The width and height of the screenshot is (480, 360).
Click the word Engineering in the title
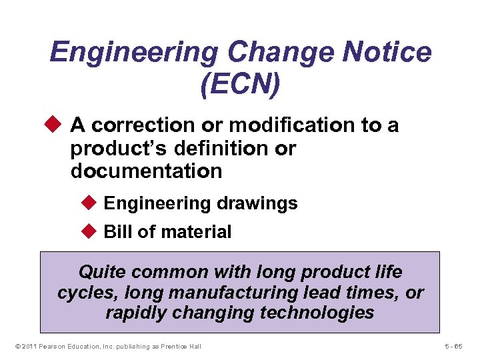pyautogui.click(x=133, y=53)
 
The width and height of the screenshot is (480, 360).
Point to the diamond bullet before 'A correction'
pyautogui.click(x=57, y=125)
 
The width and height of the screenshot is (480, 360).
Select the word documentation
pyautogui.click(x=146, y=171)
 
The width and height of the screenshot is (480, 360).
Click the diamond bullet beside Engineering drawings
pyautogui.click(x=90, y=203)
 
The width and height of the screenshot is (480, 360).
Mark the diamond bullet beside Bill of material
pyautogui.click(x=90, y=231)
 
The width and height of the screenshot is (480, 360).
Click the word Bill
pyautogui.click(x=118, y=232)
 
